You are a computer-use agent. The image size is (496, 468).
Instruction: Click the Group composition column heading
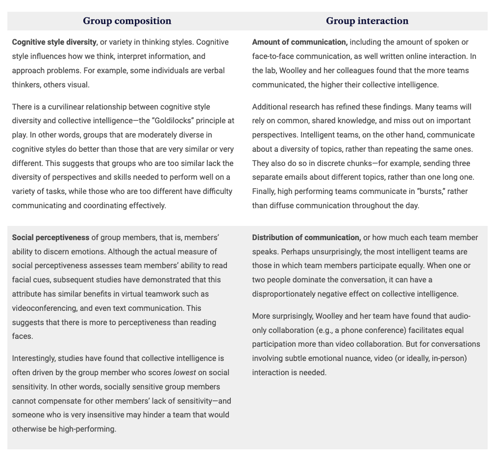tap(127, 21)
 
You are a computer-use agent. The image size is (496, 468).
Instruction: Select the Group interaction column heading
tap(367, 21)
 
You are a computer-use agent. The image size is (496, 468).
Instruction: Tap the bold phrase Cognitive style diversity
tap(54, 42)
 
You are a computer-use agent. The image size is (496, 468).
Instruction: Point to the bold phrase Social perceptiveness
tap(50, 238)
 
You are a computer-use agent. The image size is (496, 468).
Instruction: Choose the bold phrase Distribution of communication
tap(306, 238)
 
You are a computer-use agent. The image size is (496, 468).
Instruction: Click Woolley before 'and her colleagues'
tap(293, 71)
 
